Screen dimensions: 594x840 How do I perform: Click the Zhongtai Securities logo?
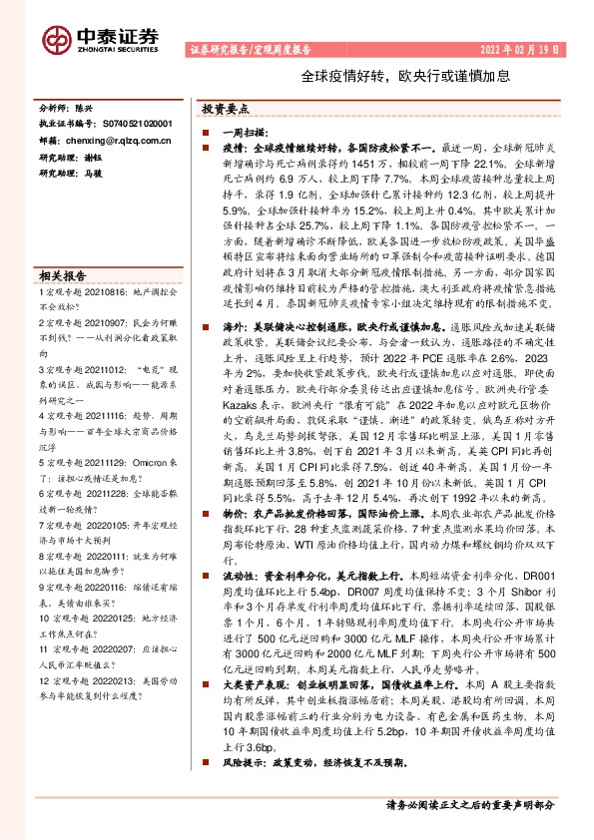click(x=100, y=37)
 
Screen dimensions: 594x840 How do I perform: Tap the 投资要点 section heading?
click(x=226, y=110)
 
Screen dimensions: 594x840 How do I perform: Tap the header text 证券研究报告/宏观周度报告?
click(x=250, y=49)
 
